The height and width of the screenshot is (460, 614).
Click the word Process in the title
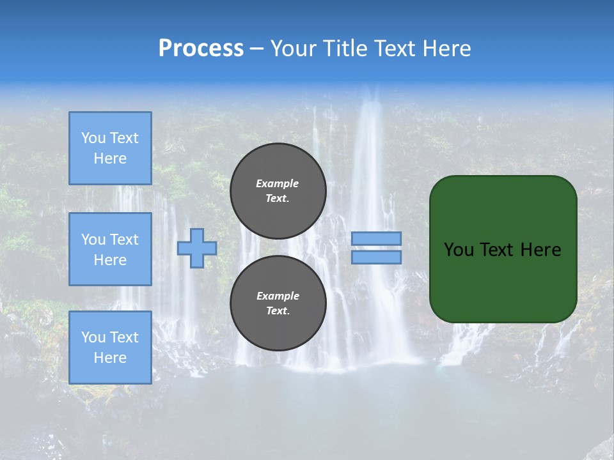[201, 49]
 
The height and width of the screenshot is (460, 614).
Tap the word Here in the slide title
[447, 49]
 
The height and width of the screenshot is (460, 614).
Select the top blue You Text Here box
[110, 148]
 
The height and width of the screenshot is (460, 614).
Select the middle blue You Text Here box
[110, 249]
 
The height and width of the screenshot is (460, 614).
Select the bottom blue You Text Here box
[110, 347]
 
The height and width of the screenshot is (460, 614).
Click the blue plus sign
[196, 249]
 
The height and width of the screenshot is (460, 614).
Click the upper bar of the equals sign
[377, 239]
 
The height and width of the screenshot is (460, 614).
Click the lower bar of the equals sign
[377, 257]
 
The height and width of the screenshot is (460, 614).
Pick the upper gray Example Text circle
[278, 191]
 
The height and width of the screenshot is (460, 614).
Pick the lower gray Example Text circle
[278, 303]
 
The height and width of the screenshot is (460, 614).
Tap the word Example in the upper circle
[278, 183]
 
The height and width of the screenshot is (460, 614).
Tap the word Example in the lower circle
[278, 296]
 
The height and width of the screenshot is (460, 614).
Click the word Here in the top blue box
[110, 158]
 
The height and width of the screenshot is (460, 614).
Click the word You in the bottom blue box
[93, 337]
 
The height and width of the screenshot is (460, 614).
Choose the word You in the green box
[458, 250]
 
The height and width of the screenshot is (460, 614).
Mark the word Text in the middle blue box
[124, 240]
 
